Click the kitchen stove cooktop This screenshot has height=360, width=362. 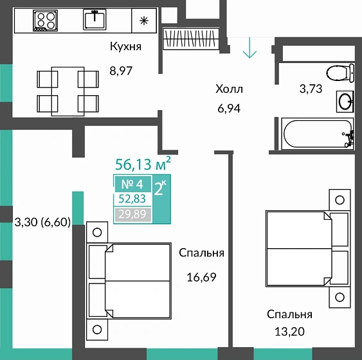click(45, 21)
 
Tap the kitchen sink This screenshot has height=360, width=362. click(95, 19)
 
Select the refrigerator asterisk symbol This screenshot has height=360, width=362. click(144, 21)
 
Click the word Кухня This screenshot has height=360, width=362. click(125, 46)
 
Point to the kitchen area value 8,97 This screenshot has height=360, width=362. click(121, 71)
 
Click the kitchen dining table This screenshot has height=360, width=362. click(68, 91)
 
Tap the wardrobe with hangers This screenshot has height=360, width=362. click(191, 39)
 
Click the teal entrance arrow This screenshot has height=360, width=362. click(249, 48)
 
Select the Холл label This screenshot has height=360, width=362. click(229, 89)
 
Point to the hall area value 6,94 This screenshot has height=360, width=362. click(229, 109)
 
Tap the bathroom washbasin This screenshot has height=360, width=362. click(345, 102)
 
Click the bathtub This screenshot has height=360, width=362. click(318, 133)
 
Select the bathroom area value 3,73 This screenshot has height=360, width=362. click(311, 89)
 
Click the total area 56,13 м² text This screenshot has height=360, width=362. click(143, 164)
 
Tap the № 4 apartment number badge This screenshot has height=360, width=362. click(132, 184)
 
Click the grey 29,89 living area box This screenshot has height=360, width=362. click(132, 215)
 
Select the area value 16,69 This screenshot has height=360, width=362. click(201, 277)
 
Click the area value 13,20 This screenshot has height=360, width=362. click(290, 332)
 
